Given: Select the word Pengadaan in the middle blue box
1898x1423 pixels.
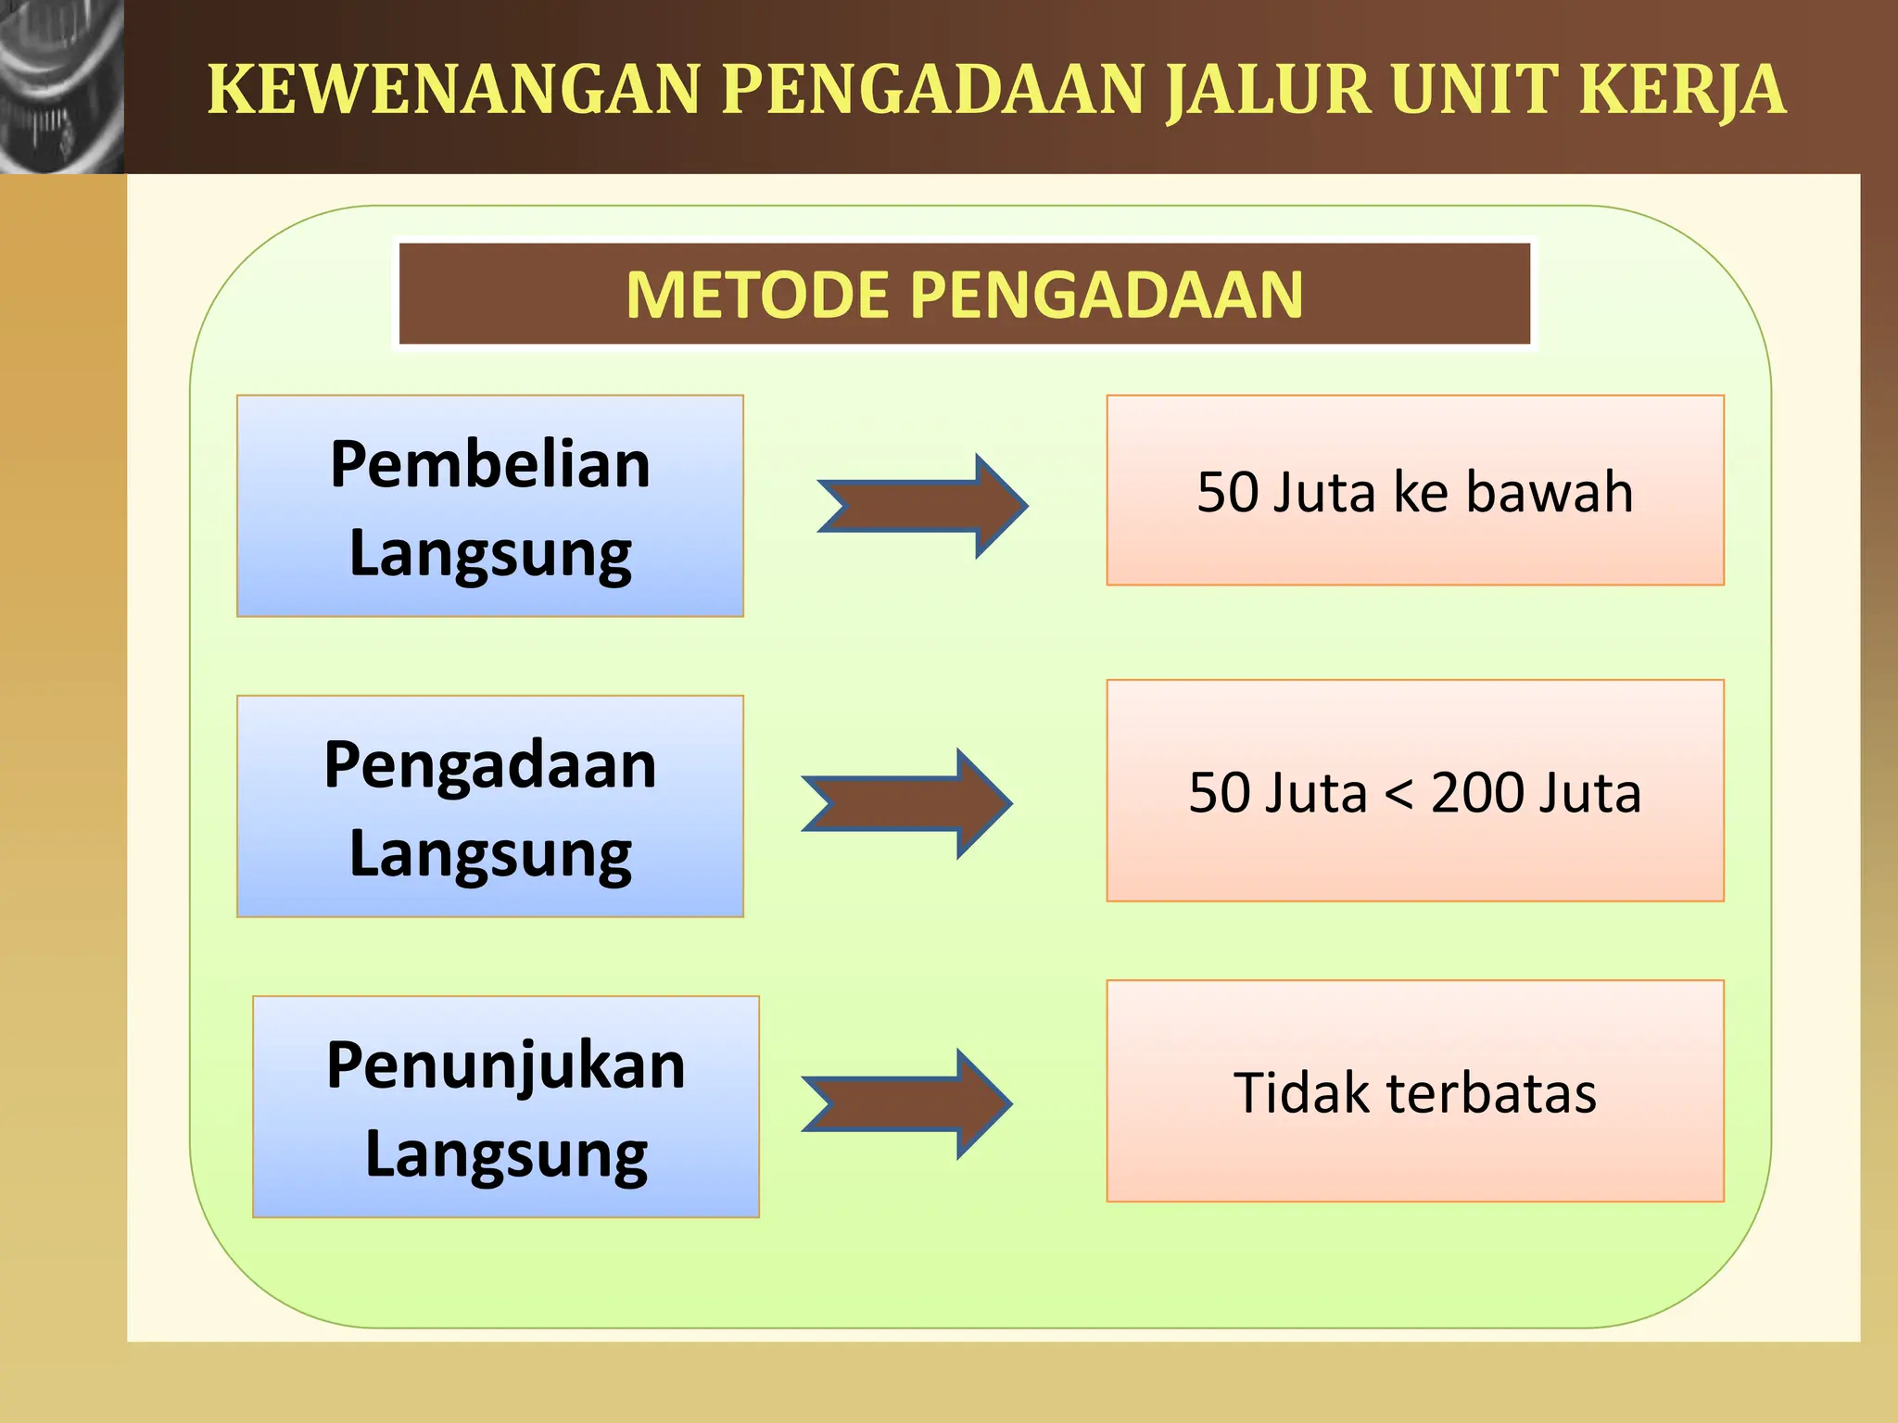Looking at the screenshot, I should pyautogui.click(x=490, y=765).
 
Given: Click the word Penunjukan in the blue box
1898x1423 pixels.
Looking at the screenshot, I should pyautogui.click(x=506, y=1065).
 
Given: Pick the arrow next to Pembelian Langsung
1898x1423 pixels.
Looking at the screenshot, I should pyautogui.click(x=923, y=506).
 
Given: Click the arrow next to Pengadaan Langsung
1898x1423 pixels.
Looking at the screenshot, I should pyautogui.click(x=907, y=803).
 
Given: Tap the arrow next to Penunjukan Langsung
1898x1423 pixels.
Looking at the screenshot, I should pyautogui.click(x=907, y=1103).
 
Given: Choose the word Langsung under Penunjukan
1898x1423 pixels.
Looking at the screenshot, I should pyautogui.click(x=506, y=1155).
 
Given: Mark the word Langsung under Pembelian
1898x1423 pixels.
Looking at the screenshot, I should pyautogui.click(x=490, y=554).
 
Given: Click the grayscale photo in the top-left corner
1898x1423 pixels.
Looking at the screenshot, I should pyautogui.click(x=61, y=86).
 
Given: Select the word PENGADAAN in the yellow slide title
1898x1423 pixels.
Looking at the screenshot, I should pyautogui.click(x=934, y=90).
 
